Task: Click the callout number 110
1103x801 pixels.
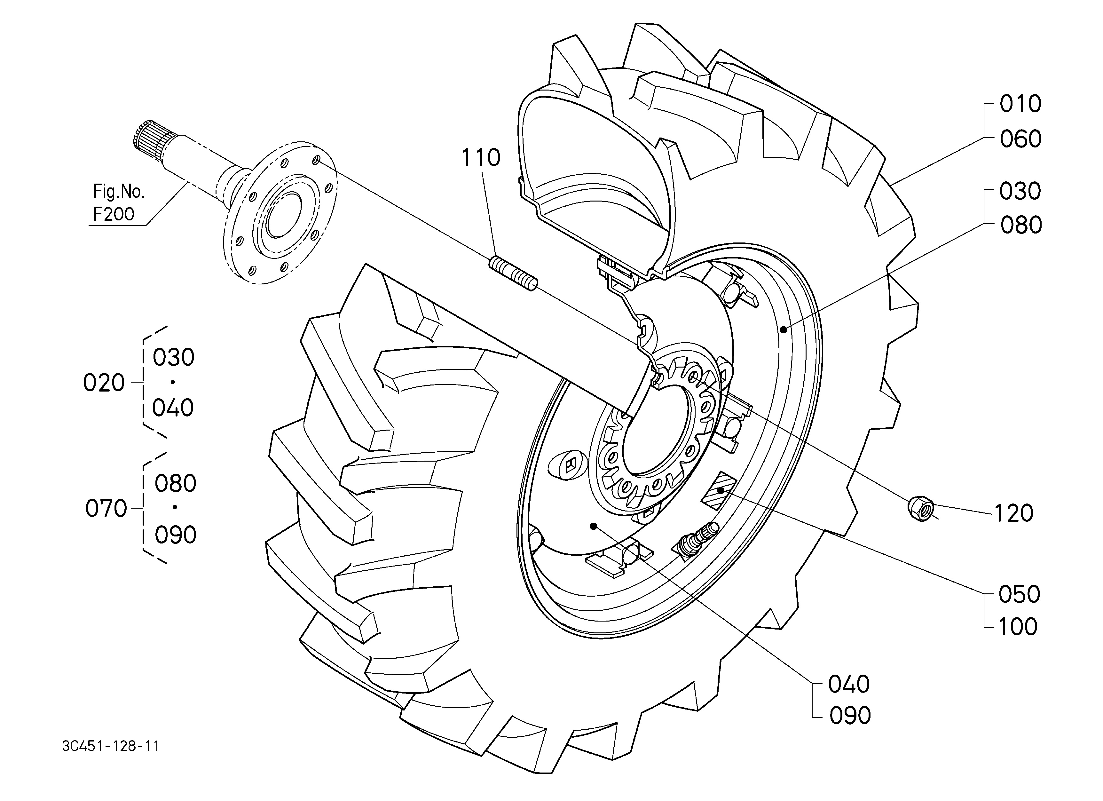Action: [480, 158]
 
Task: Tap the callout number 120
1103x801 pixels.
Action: [1013, 513]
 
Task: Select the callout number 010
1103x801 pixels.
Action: [1020, 104]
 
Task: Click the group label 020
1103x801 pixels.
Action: [104, 383]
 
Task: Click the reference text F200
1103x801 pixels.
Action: [114, 214]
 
